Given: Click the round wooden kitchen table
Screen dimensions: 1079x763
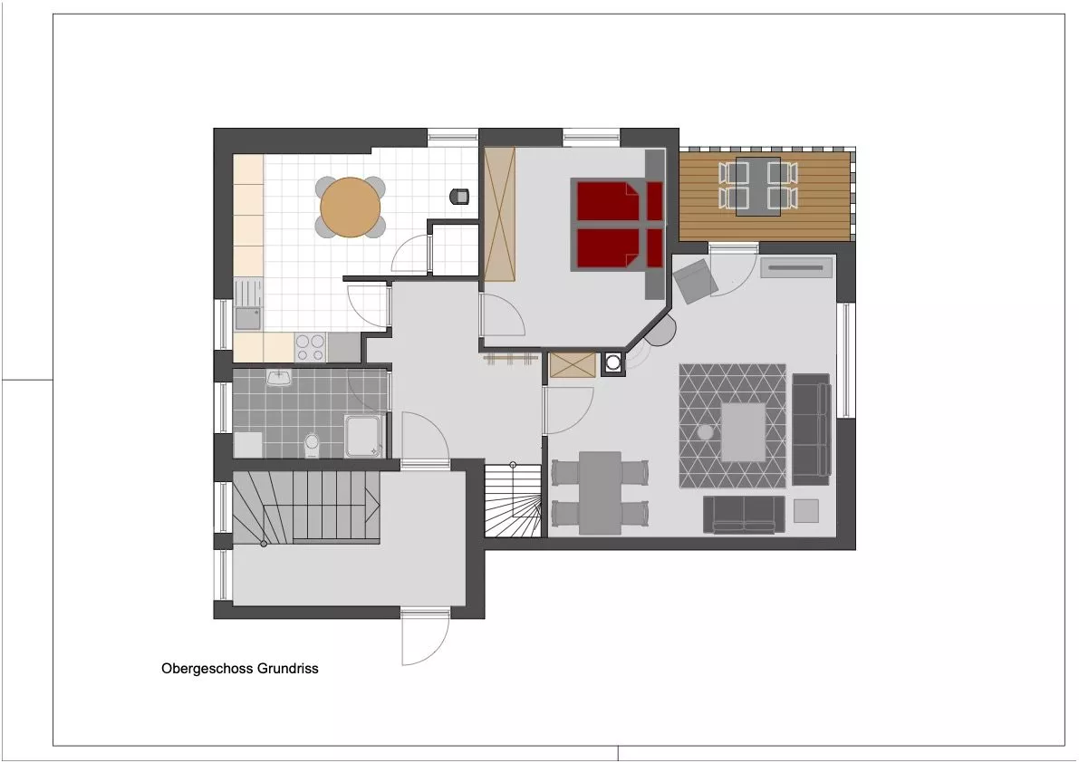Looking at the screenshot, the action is (x=351, y=208).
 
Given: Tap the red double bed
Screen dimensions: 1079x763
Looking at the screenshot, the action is (x=617, y=224).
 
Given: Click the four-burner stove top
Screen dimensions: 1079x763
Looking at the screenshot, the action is (x=311, y=347).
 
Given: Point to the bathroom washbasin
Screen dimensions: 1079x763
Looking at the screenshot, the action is (x=279, y=377).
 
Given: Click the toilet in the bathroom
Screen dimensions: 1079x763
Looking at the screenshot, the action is (x=312, y=444).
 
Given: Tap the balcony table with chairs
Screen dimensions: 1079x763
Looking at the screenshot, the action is (x=757, y=187).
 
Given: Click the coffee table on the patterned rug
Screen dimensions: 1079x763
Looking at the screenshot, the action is (x=743, y=432).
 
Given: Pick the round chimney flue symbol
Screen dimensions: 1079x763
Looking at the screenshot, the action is (x=612, y=362).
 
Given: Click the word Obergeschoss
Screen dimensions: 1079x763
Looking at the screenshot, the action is (x=207, y=668).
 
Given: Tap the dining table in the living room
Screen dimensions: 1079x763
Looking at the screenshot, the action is (x=600, y=493).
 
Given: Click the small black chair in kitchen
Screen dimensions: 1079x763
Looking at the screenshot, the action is (x=459, y=197).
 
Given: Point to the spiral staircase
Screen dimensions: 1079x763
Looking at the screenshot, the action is (x=513, y=499).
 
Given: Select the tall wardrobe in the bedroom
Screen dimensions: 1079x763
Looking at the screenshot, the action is (x=499, y=215).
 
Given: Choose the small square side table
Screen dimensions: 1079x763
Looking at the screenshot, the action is (x=806, y=511).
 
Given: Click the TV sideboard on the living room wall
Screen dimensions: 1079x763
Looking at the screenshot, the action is (x=796, y=267).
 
